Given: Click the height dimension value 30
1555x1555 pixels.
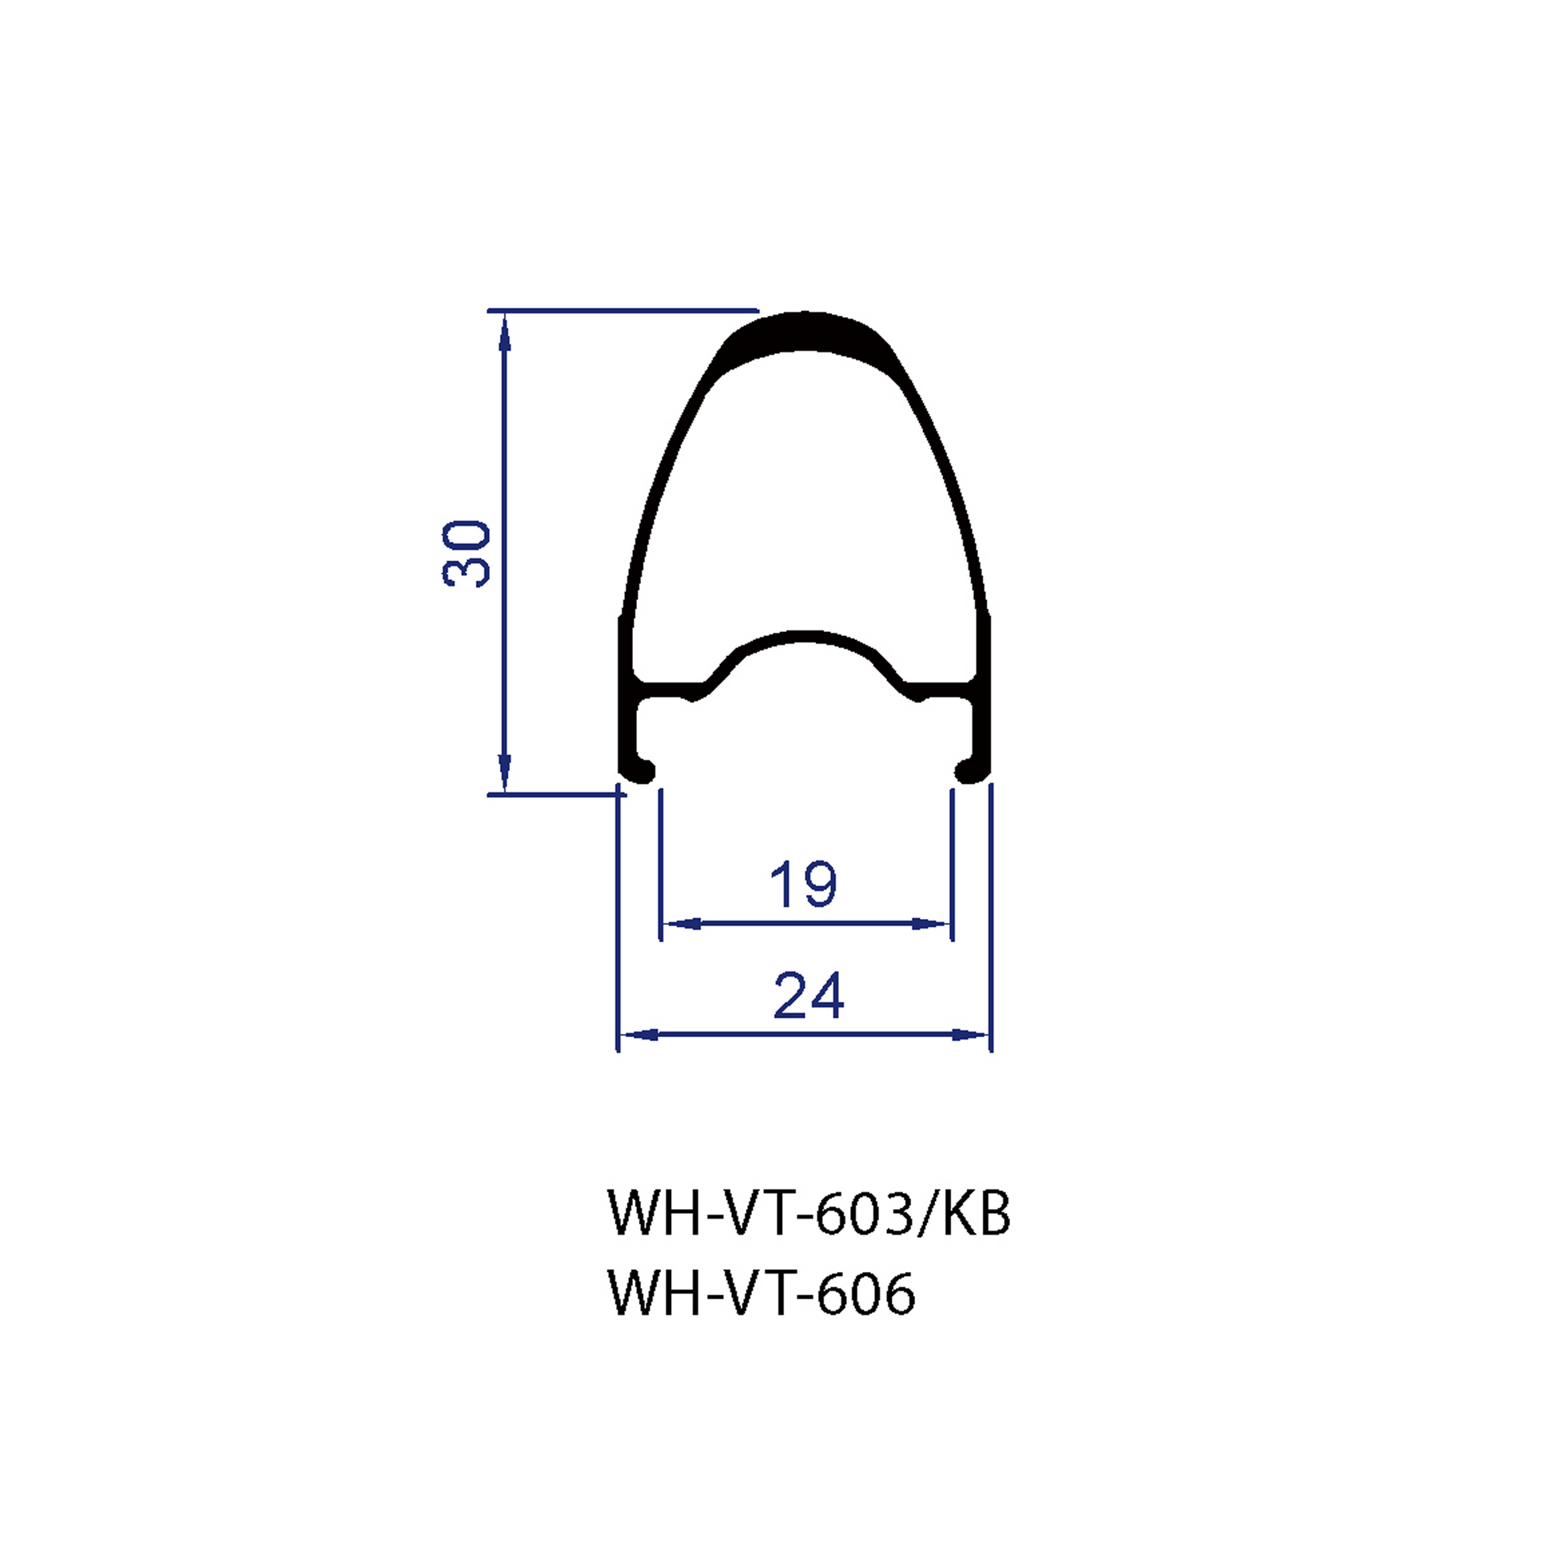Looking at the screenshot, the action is [x=466, y=553].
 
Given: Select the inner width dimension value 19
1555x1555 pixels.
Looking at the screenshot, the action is [x=803, y=884].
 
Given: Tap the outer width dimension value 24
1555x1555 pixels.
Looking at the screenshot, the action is [x=809, y=995].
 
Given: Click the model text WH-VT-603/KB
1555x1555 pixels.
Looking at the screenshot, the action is [x=809, y=1213].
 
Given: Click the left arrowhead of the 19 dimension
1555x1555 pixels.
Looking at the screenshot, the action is [x=681, y=924].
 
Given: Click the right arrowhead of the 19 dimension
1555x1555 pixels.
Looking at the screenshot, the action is [x=931, y=924].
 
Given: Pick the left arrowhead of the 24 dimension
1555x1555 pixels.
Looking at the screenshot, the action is [x=639, y=1034].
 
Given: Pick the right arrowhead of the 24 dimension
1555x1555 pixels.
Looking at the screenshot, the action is [x=970, y=1034].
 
